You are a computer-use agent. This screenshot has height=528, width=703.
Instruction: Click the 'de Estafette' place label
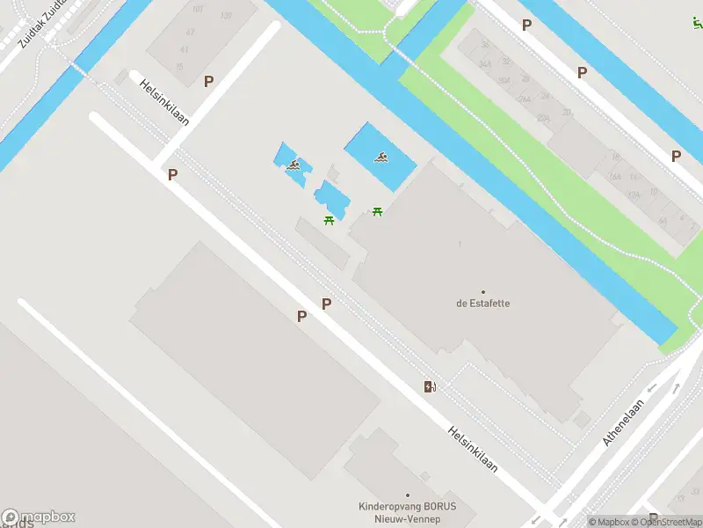[482, 303]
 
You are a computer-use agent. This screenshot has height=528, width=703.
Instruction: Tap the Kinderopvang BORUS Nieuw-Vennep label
[407, 511]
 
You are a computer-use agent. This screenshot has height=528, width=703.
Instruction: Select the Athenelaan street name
[624, 423]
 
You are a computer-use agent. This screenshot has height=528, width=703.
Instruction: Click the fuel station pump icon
[430, 386]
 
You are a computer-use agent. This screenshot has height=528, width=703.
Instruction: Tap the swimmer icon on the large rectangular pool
[382, 158]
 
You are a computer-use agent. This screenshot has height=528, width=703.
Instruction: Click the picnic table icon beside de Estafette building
[378, 211]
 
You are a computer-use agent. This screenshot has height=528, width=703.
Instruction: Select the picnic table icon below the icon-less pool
[329, 220]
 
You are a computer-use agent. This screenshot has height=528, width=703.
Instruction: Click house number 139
[226, 16]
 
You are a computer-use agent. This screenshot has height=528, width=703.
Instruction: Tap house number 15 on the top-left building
[181, 66]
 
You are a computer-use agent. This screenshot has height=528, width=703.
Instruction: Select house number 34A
[484, 64]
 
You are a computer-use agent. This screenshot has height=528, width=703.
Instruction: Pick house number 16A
[614, 177]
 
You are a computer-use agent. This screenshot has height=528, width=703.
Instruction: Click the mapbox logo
[39, 517]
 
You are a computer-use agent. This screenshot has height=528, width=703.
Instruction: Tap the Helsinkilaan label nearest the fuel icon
[472, 449]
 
